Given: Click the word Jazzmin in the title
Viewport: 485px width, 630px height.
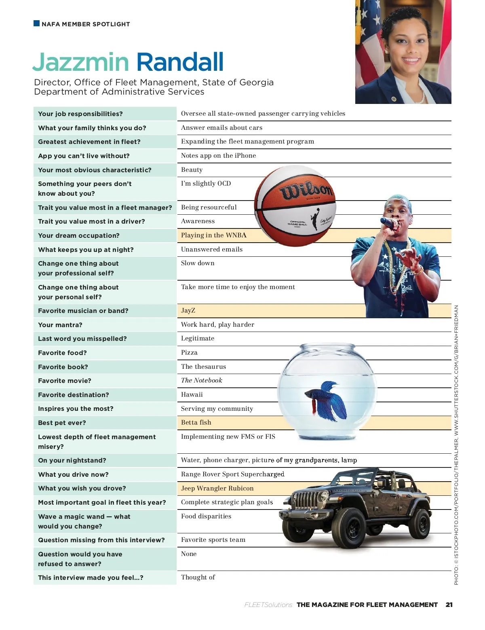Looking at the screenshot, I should coord(80,62).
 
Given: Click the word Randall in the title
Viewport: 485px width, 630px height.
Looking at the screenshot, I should coord(180,62).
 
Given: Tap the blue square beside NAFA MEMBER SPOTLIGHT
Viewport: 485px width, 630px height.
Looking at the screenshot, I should coord(37,23).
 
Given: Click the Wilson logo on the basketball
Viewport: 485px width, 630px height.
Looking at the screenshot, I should coord(307,190).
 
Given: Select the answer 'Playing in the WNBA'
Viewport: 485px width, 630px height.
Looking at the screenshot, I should coord(213,235).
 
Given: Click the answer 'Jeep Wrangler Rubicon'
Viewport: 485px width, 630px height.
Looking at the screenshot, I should coord(217,488).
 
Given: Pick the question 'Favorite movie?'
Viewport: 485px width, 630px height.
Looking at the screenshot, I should coord(65,381).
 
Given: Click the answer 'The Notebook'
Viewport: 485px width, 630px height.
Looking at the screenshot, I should coord(201,381).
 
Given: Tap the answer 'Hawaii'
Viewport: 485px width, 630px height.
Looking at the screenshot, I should coord(192,395).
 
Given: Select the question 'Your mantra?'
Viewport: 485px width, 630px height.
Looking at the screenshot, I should coord(60,325).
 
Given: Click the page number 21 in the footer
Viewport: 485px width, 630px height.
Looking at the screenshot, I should coord(449,605).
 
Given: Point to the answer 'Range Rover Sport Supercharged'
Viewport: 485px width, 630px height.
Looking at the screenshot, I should coord(232,474).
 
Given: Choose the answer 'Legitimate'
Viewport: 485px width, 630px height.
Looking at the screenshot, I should coord(198,338).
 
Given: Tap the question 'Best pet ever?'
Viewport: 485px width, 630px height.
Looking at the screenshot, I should coord(62,423).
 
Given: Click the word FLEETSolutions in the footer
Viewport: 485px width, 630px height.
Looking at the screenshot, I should coord(268,605).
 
